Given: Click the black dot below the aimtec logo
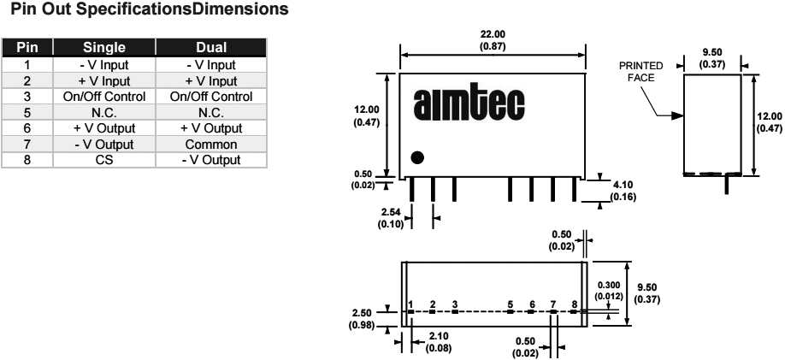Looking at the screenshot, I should pos(417,157).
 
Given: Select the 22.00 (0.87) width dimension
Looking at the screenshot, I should pos(493,39).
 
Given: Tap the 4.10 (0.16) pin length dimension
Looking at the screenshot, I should pos(625,190).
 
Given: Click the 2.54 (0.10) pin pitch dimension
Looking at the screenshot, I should pos(393,217).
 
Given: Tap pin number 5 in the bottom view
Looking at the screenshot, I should pos(511,304).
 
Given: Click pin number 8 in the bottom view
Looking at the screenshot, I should pos(575,304).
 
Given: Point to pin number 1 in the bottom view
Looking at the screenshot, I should pos(411,304).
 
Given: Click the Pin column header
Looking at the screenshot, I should pos(27,48).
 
